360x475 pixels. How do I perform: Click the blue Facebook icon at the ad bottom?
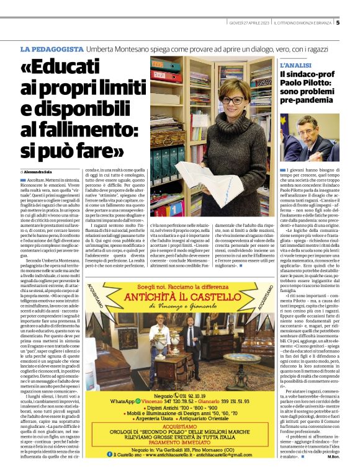tap(123, 454)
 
